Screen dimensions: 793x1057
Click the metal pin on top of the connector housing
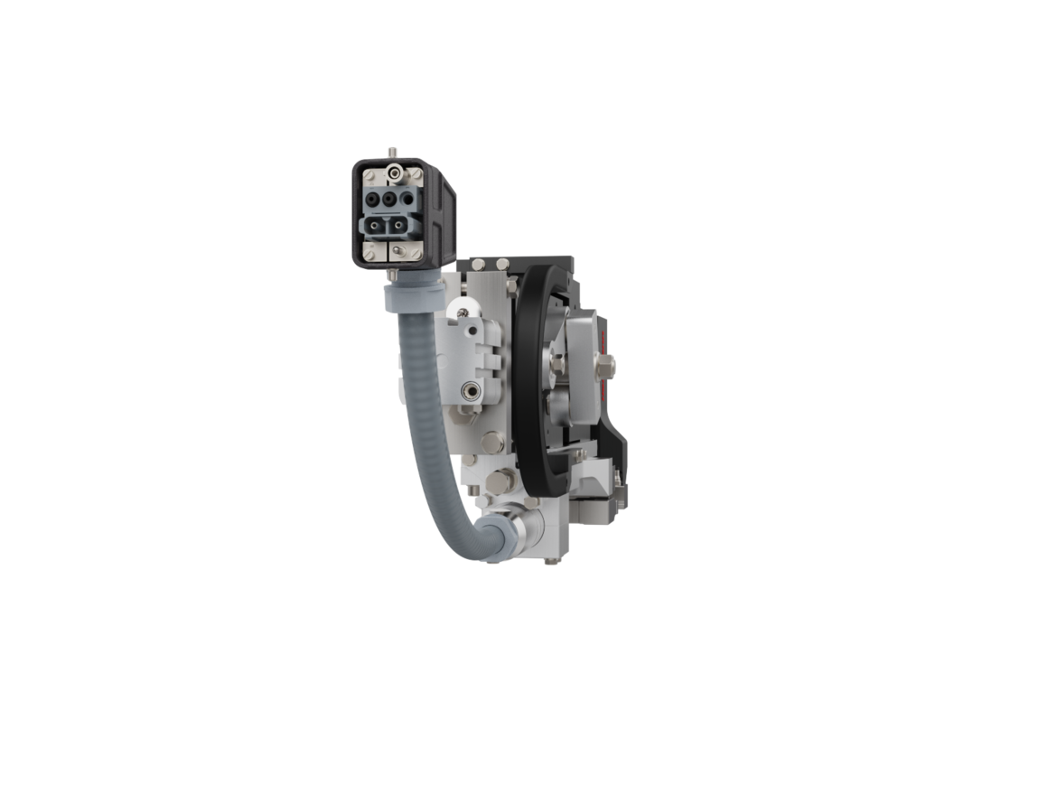pyautogui.click(x=394, y=151)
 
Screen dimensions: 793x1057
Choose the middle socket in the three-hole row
pyautogui.click(x=388, y=198)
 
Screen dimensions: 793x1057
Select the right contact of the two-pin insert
pyautogui.click(x=398, y=225)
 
